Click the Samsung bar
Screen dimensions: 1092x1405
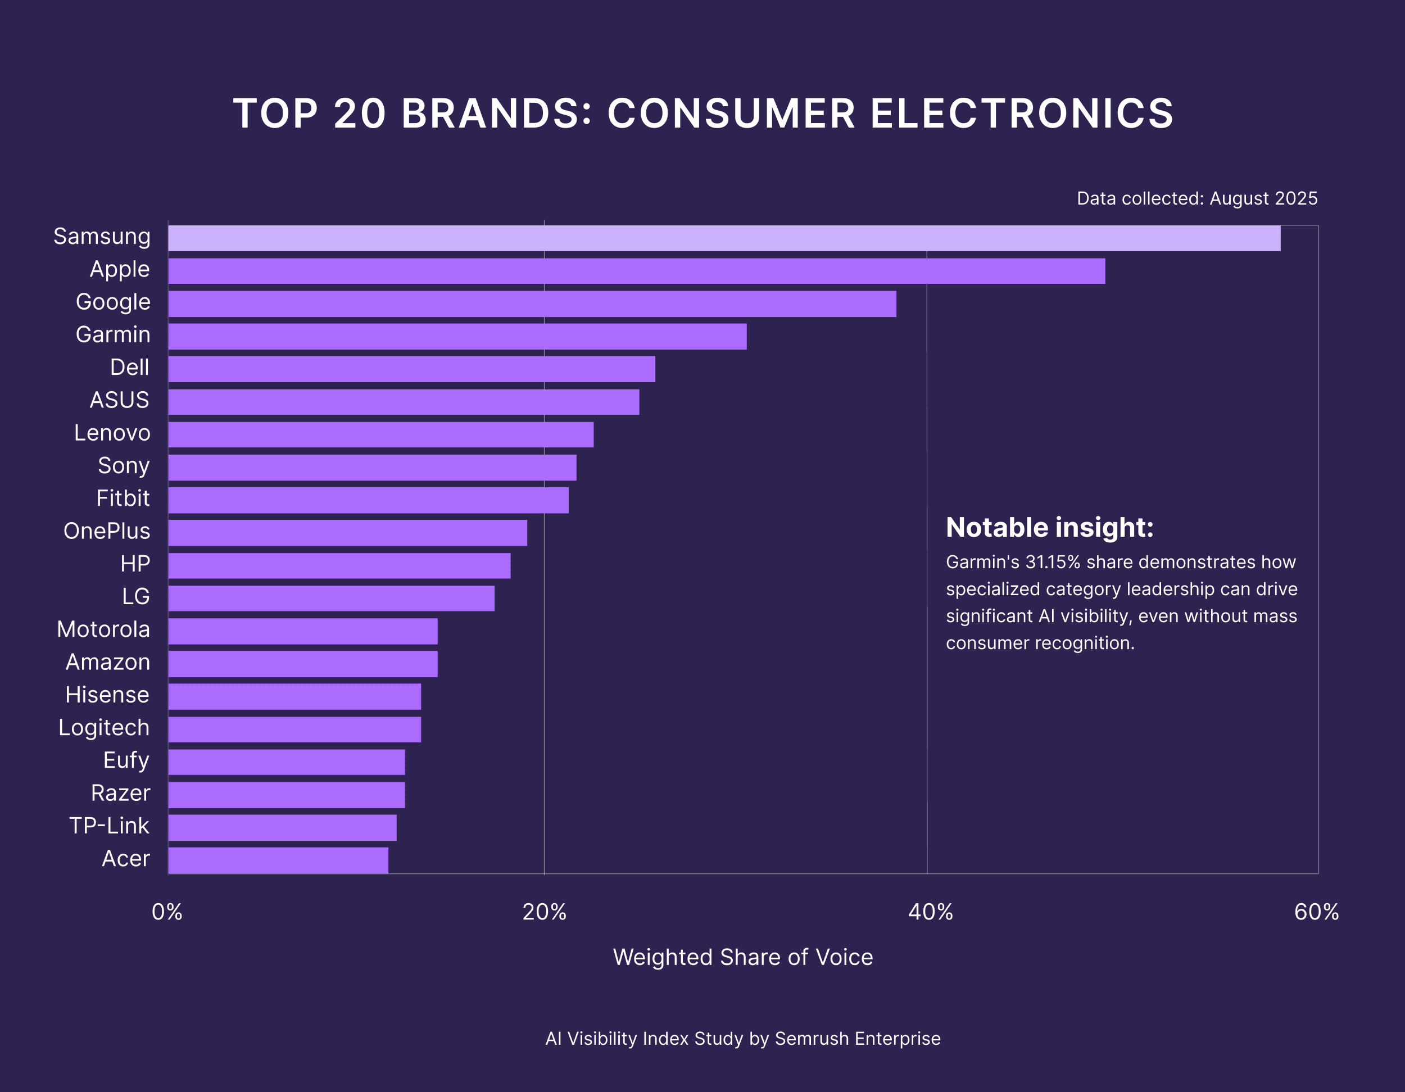724,238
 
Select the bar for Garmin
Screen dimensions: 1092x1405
457,337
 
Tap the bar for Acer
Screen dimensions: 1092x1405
278,860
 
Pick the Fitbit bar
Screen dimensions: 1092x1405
368,500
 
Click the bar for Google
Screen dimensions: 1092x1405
532,303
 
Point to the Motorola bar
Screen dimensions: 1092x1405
302,631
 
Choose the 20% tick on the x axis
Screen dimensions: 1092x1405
544,912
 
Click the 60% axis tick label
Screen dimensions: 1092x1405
1316,912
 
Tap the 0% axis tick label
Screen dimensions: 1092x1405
167,912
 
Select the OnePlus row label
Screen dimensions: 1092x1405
107,531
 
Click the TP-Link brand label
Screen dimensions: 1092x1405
110,826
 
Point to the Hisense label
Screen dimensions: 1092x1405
107,695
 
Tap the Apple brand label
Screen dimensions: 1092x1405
120,269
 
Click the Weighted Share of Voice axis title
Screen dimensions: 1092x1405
743,957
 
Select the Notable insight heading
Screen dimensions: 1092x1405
1049,528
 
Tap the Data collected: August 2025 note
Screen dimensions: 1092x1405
1196,198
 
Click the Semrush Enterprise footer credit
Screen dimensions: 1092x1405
858,1038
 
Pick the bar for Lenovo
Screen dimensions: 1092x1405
381,434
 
